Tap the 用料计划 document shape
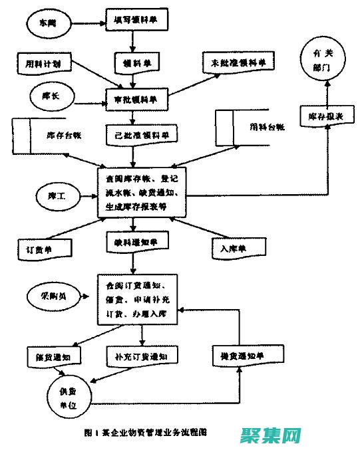coord(43,64)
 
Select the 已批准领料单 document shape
coord(142,134)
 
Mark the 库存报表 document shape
coord(321,115)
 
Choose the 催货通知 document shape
coord(53,356)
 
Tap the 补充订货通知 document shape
coord(141,356)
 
